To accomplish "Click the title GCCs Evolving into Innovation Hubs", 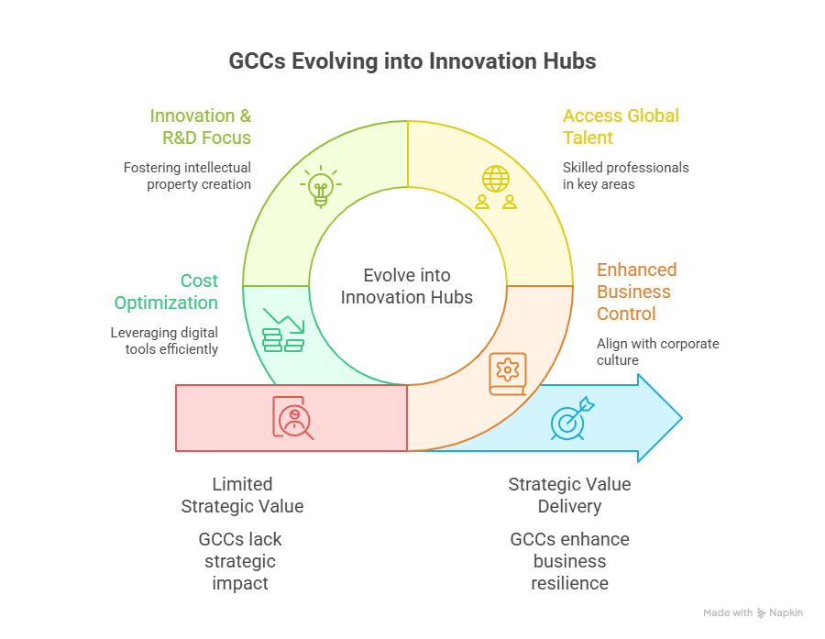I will [x=412, y=61].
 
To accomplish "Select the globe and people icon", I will [x=496, y=186].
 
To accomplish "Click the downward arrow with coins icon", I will [x=281, y=331].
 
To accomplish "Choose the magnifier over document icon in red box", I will [x=292, y=418].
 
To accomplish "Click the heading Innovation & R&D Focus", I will [x=201, y=127].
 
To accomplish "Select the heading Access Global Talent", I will [x=621, y=127].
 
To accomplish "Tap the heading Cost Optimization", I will [x=166, y=292].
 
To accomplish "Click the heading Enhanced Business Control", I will [x=636, y=292].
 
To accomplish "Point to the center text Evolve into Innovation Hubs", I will [x=407, y=286].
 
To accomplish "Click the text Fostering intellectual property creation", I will [x=188, y=176].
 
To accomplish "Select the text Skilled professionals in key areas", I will [x=625, y=176].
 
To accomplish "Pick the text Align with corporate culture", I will [x=657, y=352].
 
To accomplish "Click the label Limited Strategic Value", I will [x=242, y=495].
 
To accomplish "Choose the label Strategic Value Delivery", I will [x=569, y=495].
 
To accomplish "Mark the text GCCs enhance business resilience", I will [x=569, y=561].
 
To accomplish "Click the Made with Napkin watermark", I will [x=753, y=612].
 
